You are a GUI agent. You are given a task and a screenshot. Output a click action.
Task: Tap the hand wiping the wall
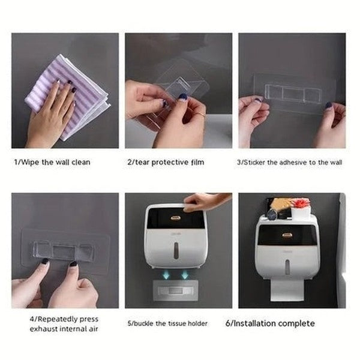(51, 114)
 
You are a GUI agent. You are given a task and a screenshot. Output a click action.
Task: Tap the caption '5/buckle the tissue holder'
(169, 323)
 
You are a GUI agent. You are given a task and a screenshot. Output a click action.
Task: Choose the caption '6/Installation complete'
(270, 323)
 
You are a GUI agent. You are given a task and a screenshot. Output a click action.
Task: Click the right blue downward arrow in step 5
(185, 274)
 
